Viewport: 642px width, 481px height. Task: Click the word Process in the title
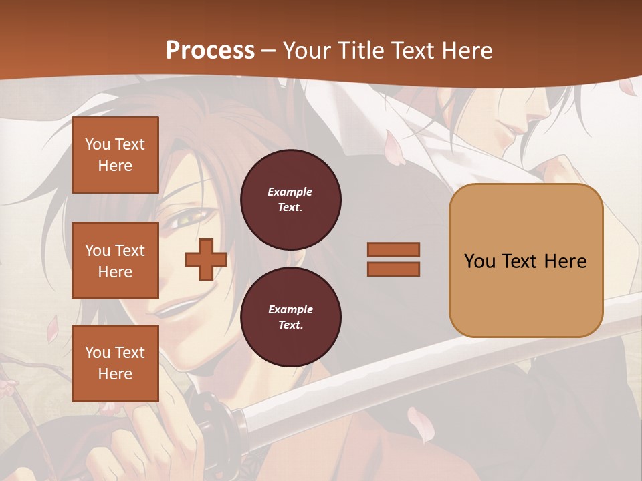210,51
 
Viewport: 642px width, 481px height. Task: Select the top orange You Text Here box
115,155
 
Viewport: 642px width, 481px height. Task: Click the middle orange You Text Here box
115,261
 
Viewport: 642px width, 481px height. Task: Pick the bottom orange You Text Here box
115,363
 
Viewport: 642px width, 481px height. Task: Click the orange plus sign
205,259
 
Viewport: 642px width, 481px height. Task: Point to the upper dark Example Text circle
290,199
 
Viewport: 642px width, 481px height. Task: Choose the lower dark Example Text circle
290,317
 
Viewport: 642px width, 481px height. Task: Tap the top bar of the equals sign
393,249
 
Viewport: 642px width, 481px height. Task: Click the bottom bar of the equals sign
393,269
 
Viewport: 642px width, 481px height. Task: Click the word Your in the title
309,51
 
